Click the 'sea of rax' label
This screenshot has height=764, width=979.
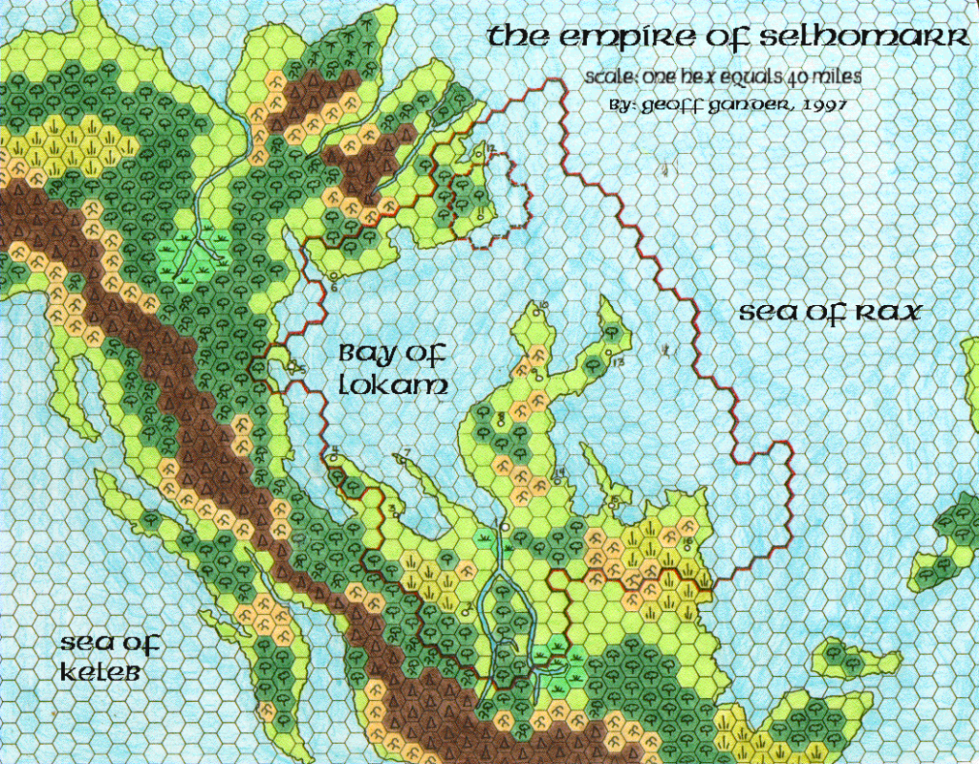pyautogui.click(x=829, y=313)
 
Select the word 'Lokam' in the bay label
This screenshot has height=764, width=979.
pyautogui.click(x=392, y=387)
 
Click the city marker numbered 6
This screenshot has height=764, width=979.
pyautogui.click(x=332, y=276)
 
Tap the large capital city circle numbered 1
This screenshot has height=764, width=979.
pyautogui.click(x=504, y=527)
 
